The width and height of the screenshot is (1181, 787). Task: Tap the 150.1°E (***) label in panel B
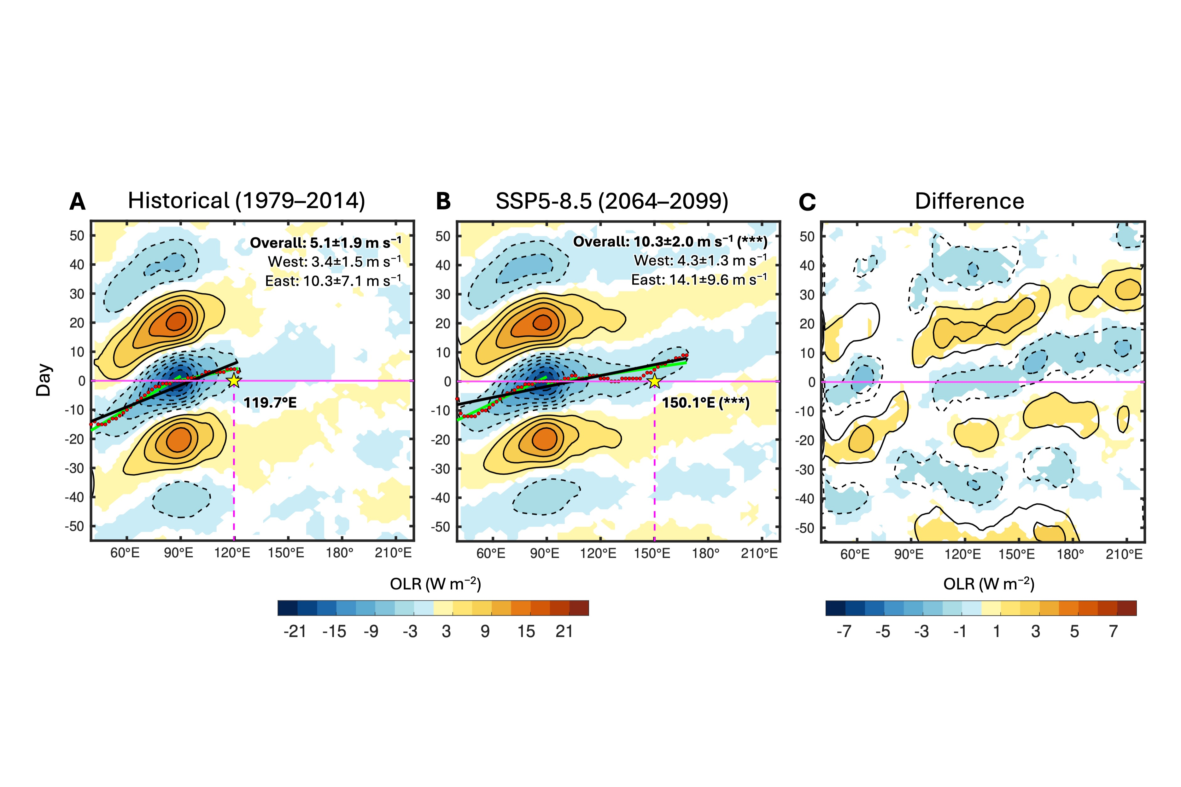[x=705, y=403]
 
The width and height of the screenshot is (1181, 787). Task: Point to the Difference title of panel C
[x=969, y=201]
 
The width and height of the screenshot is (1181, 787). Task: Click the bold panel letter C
[x=807, y=202]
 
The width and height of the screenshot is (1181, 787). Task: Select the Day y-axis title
[x=44, y=380]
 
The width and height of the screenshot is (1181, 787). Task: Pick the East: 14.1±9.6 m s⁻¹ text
[x=699, y=280]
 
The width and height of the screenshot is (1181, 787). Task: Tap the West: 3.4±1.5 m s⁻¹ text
[x=334, y=262]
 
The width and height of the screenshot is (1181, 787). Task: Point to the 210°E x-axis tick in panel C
[x=1125, y=554]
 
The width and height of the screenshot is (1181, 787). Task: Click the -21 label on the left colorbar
[x=295, y=631]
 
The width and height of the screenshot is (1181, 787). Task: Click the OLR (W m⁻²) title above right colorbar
[x=989, y=584]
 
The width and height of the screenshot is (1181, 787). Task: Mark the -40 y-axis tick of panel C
[x=806, y=498]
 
